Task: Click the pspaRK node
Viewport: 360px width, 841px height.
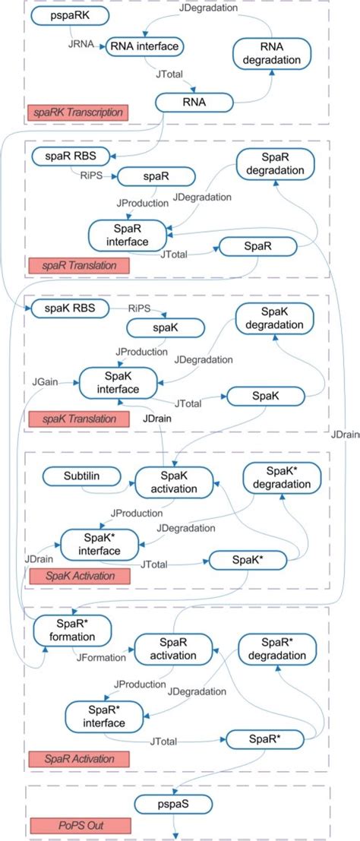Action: point(70,14)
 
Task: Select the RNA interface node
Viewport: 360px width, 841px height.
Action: point(145,47)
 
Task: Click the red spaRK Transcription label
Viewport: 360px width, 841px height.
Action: point(76,112)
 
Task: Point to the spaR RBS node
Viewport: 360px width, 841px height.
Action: point(71,157)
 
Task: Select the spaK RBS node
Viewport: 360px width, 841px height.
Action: point(69,309)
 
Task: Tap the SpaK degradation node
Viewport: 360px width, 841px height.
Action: point(273,319)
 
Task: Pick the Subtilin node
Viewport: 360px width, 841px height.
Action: point(82,476)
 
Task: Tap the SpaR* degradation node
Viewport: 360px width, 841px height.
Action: point(275,650)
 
